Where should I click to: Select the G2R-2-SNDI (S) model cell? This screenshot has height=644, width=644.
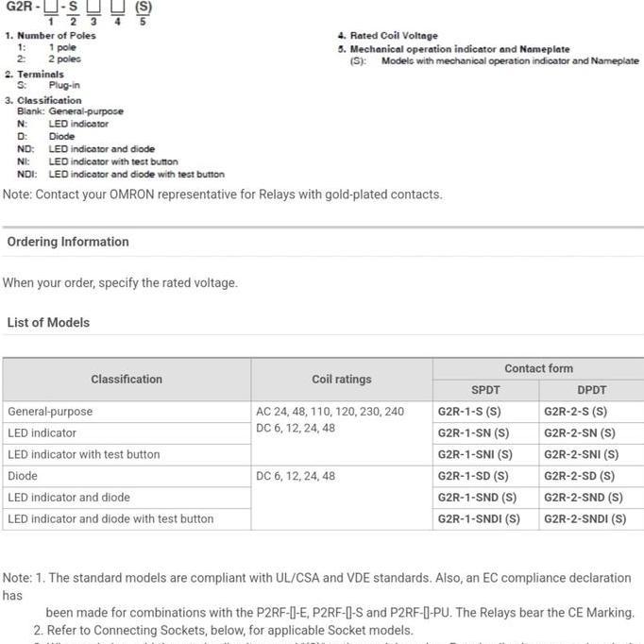pos(585,518)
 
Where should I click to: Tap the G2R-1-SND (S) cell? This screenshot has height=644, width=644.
pos(477,498)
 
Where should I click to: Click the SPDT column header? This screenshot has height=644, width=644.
pos(485,390)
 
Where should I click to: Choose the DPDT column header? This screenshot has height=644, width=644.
pos(592,390)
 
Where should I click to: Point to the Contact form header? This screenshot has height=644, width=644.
pos(538,368)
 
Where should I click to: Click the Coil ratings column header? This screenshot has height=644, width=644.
pos(341,380)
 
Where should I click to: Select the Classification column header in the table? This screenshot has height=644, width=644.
pos(127,380)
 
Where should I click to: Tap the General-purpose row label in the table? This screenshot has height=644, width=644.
pos(50,412)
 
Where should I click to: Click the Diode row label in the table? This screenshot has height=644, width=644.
pos(23,476)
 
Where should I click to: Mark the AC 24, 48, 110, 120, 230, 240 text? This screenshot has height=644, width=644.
pos(330,412)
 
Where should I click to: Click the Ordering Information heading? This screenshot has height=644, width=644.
pos(68,242)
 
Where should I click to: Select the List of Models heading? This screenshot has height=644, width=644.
pos(48,322)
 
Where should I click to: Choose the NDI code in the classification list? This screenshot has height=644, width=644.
pos(25,174)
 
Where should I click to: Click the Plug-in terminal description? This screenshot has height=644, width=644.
pos(64,85)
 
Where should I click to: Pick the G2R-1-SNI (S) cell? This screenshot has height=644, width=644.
pos(474,454)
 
